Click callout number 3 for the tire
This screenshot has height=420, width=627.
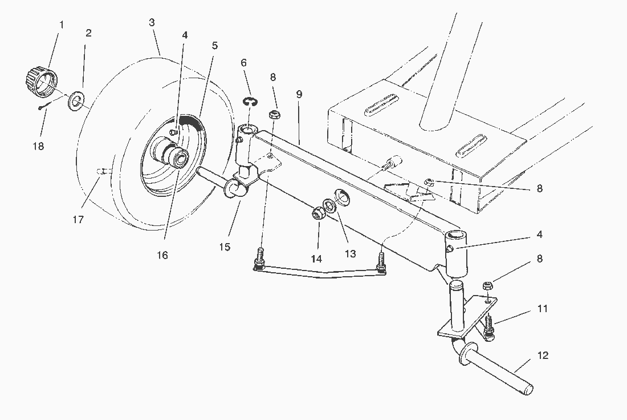(x=152, y=22)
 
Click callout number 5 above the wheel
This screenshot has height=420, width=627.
(x=214, y=46)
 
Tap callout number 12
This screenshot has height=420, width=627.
(x=542, y=356)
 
